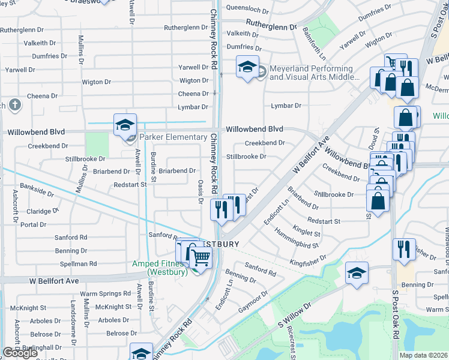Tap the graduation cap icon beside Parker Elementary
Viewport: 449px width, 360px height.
125,125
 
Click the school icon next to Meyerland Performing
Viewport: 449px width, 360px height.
247,67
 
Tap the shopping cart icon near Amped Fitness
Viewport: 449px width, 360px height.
200,257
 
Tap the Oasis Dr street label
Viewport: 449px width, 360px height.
199,192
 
